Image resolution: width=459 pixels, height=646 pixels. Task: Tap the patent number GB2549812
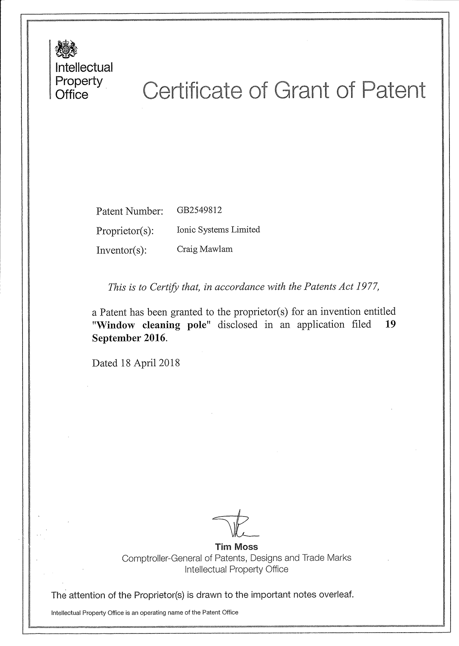(x=199, y=210)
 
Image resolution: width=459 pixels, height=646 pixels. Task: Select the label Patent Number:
(x=130, y=211)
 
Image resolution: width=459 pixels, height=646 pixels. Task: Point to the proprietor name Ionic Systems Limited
(x=218, y=230)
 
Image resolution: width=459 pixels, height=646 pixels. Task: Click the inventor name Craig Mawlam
(x=205, y=249)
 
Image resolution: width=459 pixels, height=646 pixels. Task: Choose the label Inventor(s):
(x=122, y=250)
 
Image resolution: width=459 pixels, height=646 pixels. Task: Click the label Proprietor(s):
(x=125, y=231)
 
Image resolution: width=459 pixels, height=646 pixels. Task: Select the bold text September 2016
(x=129, y=338)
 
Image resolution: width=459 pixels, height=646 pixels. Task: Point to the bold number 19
(x=391, y=324)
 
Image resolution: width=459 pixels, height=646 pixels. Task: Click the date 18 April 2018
(x=150, y=363)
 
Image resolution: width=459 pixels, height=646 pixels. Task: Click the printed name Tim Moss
(x=236, y=546)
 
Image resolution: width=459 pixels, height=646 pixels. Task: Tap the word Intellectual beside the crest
(x=84, y=68)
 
